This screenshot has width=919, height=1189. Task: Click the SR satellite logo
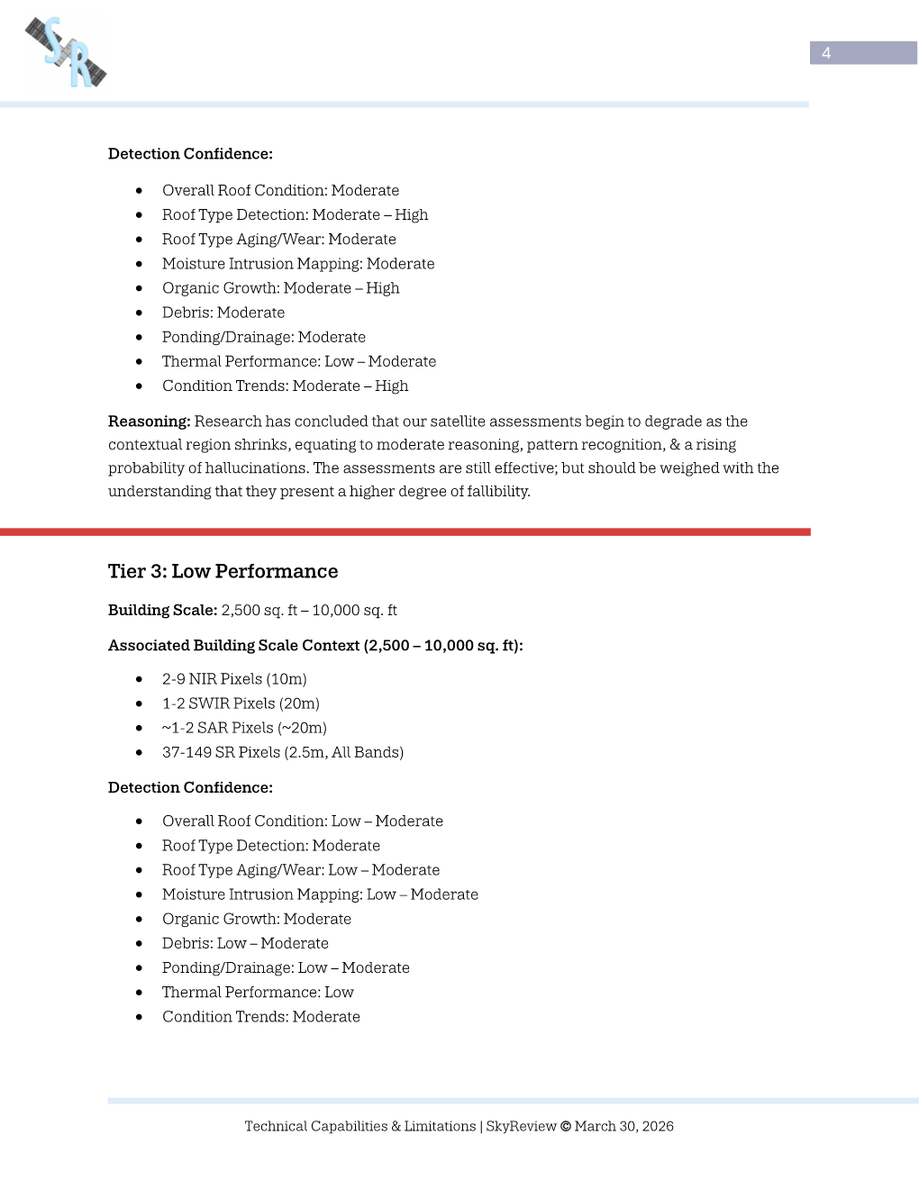[66, 53]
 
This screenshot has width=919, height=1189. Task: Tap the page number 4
[826, 53]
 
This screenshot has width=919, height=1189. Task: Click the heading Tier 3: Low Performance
[223, 571]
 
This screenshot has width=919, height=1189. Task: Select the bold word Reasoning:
[149, 422]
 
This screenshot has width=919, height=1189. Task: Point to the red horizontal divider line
[405, 532]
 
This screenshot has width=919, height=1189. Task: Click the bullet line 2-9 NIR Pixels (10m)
[234, 679]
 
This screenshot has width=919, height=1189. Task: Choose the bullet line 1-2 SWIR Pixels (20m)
[241, 703]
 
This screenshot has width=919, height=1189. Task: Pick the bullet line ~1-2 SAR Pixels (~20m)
[244, 728]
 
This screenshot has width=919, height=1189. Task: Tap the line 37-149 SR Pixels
[282, 752]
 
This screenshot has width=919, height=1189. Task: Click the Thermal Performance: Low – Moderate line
[298, 361]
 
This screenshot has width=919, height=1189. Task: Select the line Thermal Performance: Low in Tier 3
[258, 992]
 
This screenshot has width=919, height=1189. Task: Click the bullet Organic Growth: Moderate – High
[280, 288]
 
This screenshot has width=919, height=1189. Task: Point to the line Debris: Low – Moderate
[245, 943]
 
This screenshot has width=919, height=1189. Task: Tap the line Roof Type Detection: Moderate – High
[295, 214]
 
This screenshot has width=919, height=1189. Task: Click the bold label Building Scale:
[162, 610]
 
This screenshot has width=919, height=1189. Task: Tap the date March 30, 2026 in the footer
[623, 1126]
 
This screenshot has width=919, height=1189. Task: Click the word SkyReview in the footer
[521, 1126]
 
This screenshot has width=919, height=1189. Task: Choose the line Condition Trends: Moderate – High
[285, 386]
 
